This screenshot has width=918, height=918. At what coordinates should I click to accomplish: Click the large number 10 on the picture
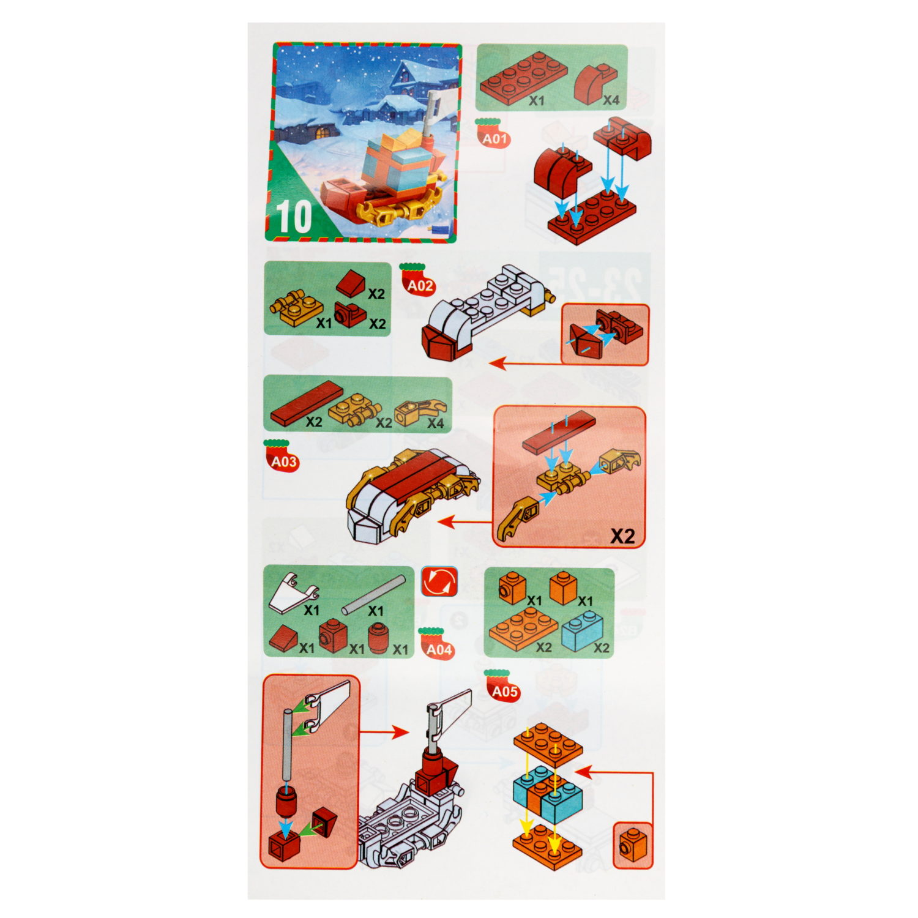(x=294, y=217)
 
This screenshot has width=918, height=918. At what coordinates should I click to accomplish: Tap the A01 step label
(x=494, y=139)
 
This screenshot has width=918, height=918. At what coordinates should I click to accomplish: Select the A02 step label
(x=420, y=286)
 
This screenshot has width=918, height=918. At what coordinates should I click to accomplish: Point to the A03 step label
(x=284, y=462)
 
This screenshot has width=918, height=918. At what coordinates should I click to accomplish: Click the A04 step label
(x=439, y=649)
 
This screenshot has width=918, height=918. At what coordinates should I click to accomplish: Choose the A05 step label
(x=505, y=692)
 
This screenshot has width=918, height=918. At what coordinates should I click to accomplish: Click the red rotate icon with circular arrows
(x=439, y=581)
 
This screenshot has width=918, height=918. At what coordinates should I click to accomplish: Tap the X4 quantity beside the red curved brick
(x=611, y=100)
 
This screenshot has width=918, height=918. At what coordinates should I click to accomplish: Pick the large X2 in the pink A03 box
(x=622, y=536)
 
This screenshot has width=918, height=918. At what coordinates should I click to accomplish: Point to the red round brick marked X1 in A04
(x=378, y=640)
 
